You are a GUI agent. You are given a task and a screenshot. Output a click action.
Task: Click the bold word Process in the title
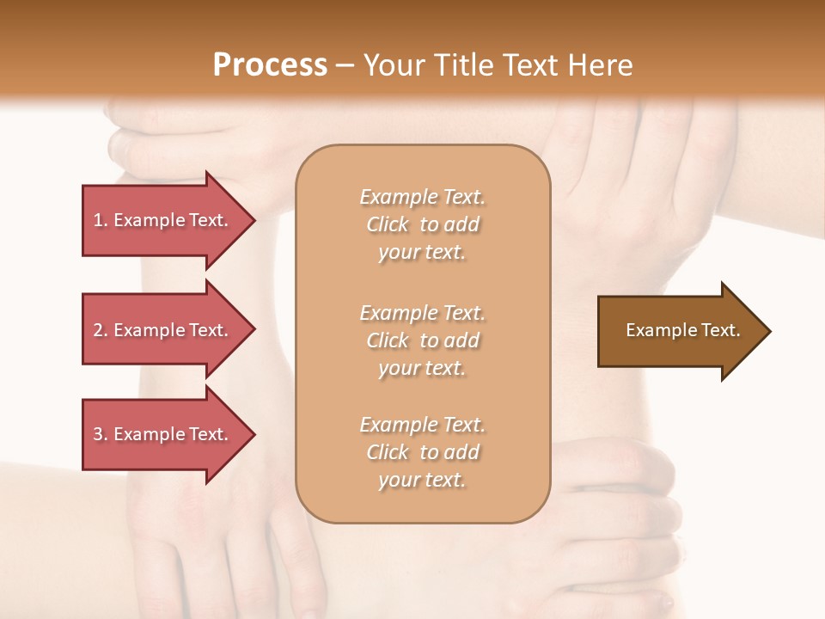click(270, 65)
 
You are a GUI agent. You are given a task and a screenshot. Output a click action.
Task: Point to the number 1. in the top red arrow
click(101, 220)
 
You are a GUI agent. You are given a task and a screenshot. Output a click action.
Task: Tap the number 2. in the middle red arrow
click(101, 330)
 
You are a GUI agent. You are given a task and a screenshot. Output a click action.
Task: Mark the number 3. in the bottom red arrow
click(101, 434)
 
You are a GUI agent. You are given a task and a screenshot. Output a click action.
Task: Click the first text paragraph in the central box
click(422, 224)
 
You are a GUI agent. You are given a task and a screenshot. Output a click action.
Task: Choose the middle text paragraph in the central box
click(422, 340)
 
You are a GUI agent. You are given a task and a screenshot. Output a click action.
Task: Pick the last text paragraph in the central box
click(422, 452)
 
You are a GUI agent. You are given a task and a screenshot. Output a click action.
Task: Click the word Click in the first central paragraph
click(388, 224)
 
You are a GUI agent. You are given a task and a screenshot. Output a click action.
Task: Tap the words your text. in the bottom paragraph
click(422, 481)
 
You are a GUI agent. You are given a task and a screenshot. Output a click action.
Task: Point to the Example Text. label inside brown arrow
click(682, 330)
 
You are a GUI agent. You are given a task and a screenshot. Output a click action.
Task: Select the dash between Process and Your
click(345, 66)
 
